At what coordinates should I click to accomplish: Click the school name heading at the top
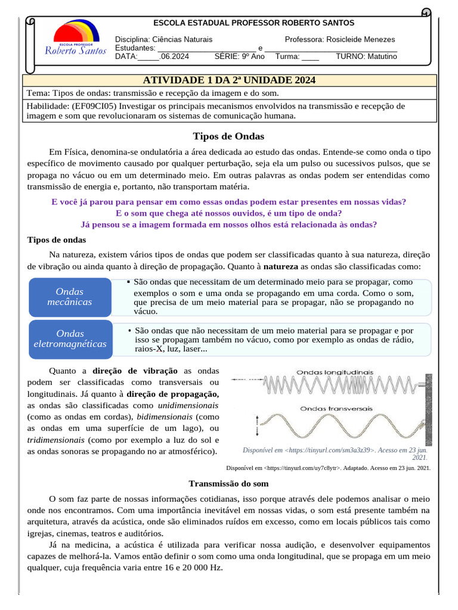point(254,23)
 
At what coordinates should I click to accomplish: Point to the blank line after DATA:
point(148,57)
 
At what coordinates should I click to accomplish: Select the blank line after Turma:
point(310,57)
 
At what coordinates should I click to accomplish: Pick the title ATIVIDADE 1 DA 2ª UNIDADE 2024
point(230,80)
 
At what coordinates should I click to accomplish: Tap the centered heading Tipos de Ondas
point(229,136)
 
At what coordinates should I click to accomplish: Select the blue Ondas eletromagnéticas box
point(70,338)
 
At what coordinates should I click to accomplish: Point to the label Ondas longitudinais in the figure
point(335,372)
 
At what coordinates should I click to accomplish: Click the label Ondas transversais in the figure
point(336,409)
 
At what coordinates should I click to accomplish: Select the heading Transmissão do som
point(228,484)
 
